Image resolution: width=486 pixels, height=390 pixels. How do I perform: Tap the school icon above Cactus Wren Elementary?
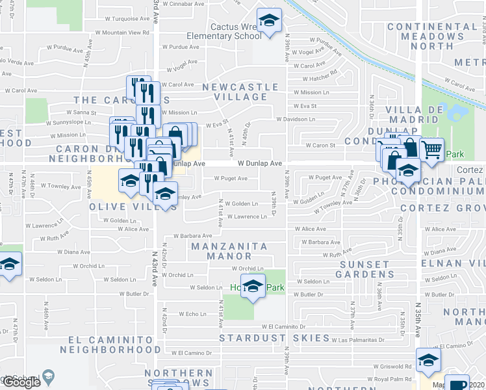pyautogui.click(x=267, y=21)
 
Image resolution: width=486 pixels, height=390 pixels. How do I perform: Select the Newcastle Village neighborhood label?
pyautogui.click(x=240, y=92)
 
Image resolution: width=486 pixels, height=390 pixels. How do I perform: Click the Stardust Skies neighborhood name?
pyautogui.click(x=274, y=338)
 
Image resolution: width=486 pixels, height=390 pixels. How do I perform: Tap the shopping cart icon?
pyautogui.click(x=431, y=149)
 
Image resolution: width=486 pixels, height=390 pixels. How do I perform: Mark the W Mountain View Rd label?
pyautogui.click(x=122, y=32)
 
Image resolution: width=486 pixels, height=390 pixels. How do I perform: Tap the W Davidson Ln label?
pyautogui.click(x=295, y=119)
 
